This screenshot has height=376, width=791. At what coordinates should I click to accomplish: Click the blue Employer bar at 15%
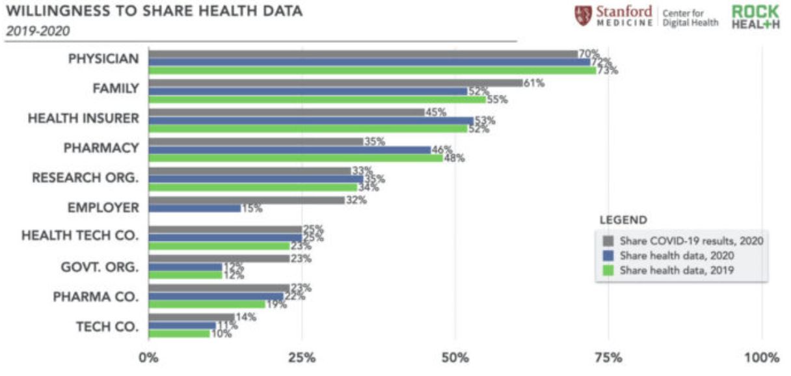tap(194, 208)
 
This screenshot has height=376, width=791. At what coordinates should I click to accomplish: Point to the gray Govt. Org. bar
tap(219, 258)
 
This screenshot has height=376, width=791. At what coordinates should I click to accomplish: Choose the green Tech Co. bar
tap(179, 333)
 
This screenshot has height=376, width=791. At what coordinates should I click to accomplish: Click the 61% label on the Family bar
tap(534, 83)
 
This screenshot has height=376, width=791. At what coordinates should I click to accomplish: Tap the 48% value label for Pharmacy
tap(454, 158)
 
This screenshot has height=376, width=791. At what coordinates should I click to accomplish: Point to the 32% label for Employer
tap(356, 200)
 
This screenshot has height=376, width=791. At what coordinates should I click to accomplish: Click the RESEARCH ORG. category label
tap(85, 178)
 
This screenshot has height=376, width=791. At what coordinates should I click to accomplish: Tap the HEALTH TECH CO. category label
tap(80, 235)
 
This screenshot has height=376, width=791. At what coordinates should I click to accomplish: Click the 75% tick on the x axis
tap(609, 358)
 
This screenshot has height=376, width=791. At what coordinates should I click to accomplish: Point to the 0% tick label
tap(148, 358)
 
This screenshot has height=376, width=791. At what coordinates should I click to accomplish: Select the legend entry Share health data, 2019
tap(677, 270)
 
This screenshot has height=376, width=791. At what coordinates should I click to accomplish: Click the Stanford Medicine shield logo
tap(583, 16)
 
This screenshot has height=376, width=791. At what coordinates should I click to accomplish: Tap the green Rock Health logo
tap(755, 17)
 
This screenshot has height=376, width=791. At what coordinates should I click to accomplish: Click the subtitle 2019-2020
tap(38, 31)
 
